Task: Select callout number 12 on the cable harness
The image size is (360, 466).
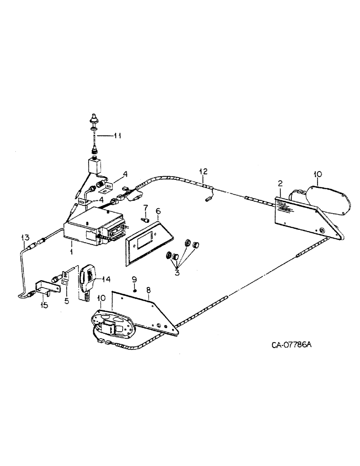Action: click(x=202, y=171)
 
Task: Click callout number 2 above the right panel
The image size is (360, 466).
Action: click(x=280, y=184)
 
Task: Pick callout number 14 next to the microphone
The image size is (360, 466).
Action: click(x=106, y=279)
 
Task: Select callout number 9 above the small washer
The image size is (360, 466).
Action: click(x=134, y=279)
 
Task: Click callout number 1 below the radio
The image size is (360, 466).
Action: click(x=71, y=252)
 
